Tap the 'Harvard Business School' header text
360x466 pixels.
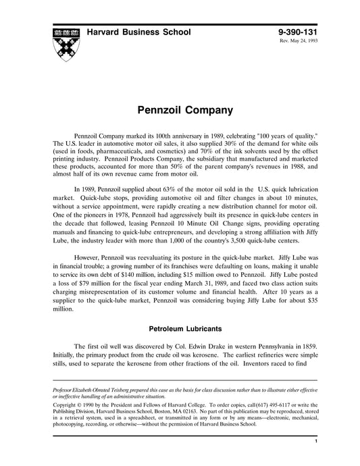(x=138, y=32)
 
